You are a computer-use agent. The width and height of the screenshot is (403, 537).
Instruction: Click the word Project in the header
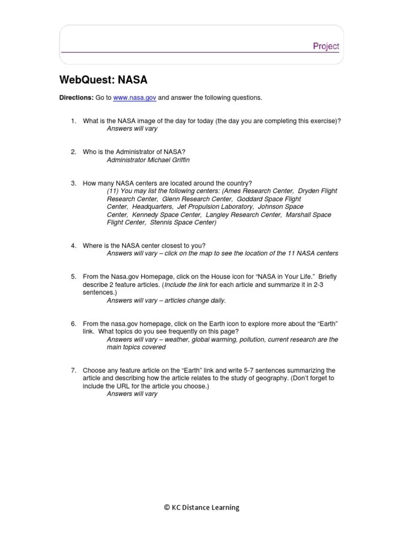(326, 46)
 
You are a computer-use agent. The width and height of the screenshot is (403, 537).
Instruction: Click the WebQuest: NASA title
(104, 80)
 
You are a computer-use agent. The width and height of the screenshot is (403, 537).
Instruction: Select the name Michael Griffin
(166, 159)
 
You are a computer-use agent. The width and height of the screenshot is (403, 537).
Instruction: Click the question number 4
(74, 245)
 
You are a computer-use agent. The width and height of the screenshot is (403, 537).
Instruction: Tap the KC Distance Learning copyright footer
(201, 507)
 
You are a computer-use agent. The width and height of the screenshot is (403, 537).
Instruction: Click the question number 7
(74, 370)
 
